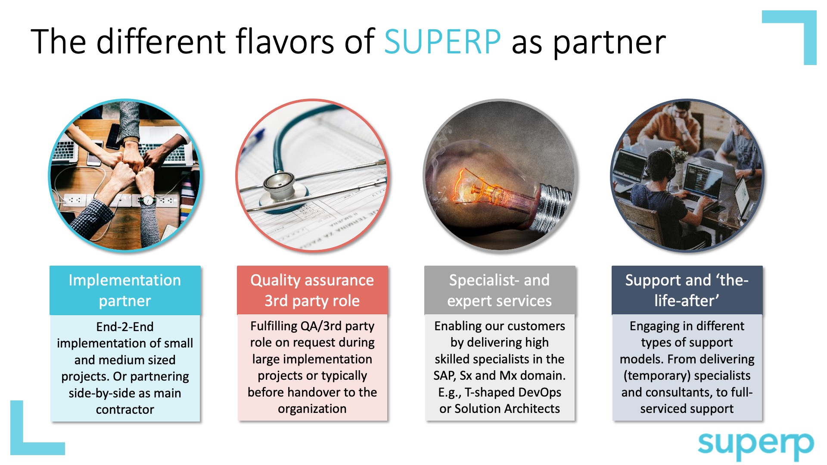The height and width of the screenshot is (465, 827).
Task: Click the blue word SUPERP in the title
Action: [442, 42]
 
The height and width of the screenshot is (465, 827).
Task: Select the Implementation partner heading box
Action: [125, 290]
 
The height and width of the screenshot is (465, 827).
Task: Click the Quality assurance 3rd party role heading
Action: [312, 290]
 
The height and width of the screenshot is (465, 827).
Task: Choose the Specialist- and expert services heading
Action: [500, 290]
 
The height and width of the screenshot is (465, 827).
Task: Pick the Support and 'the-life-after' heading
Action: [687, 290]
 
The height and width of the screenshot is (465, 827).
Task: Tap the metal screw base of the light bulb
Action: [551, 207]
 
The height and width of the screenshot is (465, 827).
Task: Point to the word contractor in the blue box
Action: [125, 409]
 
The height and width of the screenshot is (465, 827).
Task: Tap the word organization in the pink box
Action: [312, 409]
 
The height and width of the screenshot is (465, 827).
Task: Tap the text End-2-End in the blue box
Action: [125, 327]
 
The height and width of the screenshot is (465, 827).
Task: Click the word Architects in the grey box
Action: [533, 409]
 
